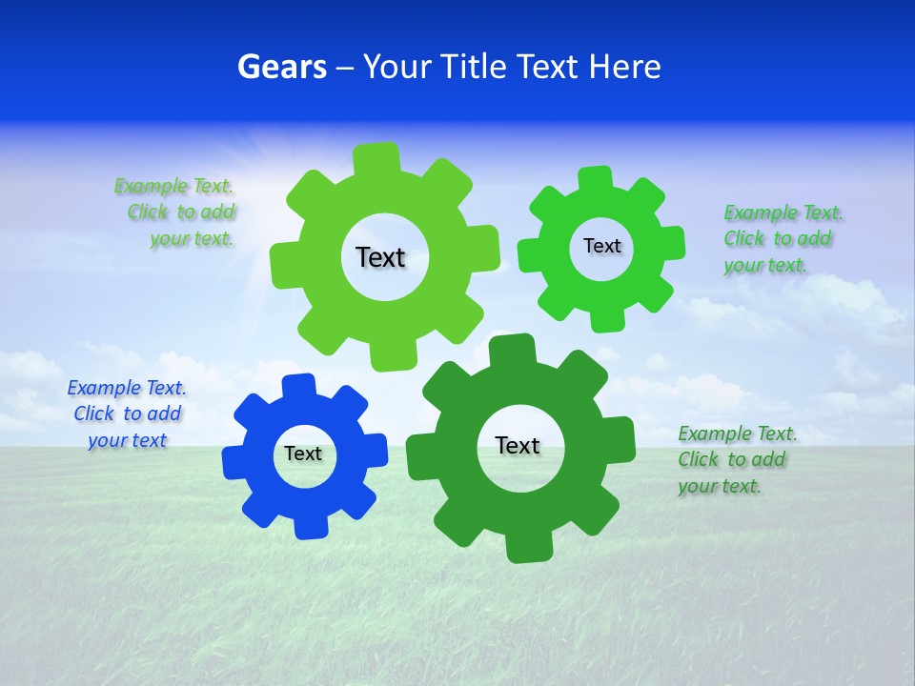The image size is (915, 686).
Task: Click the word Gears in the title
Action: (x=281, y=67)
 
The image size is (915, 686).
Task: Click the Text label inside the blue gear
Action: (x=303, y=454)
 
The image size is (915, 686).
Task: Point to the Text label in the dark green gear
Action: (x=518, y=446)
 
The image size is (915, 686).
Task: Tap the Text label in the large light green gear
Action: (x=380, y=257)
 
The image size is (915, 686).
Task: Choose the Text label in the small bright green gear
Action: (x=602, y=246)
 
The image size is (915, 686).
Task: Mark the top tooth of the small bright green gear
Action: (x=596, y=178)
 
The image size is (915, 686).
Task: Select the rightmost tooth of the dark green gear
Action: (x=620, y=436)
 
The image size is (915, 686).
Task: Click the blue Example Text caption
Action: (x=127, y=414)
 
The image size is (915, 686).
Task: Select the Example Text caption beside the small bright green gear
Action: (x=783, y=239)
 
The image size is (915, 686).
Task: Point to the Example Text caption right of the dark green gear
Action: (x=737, y=460)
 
